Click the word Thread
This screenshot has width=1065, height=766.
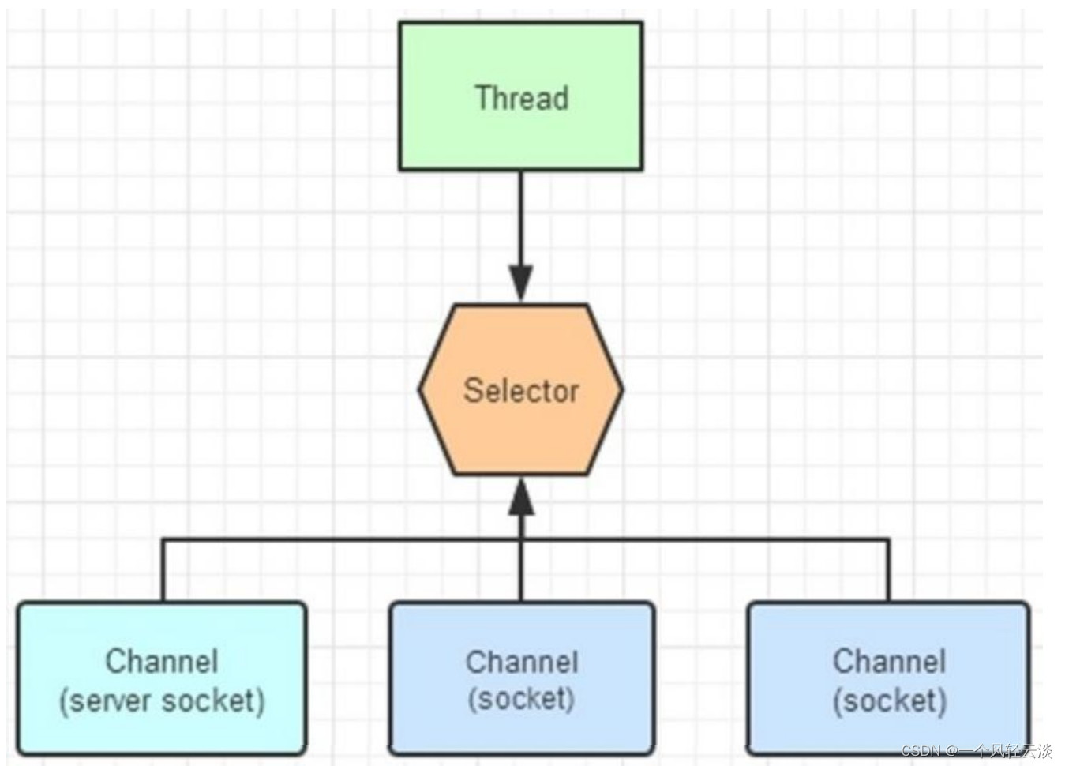coord(521,98)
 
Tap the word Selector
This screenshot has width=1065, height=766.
coord(521,391)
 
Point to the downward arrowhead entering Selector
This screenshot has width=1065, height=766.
coord(520,284)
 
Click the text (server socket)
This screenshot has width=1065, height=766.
coord(162,701)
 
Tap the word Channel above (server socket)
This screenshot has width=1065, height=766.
coord(162,661)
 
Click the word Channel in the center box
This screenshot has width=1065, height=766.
coord(521,662)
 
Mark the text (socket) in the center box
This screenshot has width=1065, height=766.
coord(521,699)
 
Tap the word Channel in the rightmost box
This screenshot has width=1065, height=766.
coord(889,661)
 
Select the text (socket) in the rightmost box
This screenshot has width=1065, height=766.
coord(889,700)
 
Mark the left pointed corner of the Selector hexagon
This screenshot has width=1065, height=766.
coord(421,389)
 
